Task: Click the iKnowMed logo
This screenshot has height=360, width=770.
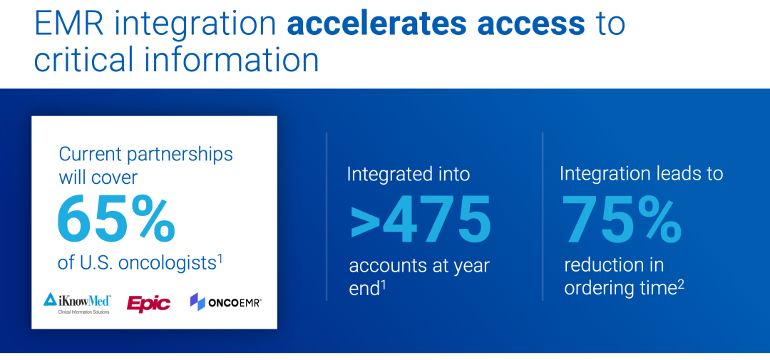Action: coord(77,303)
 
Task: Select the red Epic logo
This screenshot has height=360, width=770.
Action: coord(148,303)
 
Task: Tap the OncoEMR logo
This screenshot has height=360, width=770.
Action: coord(225,302)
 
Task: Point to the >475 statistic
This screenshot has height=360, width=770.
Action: coord(421,219)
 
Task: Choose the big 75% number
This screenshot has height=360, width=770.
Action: coord(622,219)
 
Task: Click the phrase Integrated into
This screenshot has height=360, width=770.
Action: coord(409,175)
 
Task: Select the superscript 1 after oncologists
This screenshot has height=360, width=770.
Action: coord(220,257)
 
